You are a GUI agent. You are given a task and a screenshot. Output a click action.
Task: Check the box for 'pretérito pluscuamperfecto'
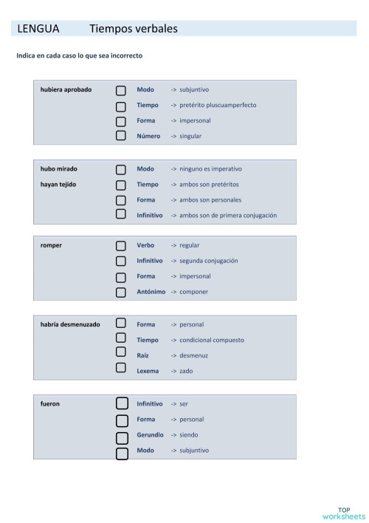click(120, 106)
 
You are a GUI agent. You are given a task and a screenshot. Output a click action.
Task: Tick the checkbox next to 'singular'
click(120, 136)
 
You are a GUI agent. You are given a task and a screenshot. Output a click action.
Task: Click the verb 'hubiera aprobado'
click(66, 89)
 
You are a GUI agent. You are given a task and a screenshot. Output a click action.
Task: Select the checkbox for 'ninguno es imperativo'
click(120, 169)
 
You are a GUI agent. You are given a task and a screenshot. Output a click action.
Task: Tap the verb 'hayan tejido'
click(58, 184)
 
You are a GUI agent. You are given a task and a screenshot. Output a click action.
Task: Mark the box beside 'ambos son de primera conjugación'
click(120, 215)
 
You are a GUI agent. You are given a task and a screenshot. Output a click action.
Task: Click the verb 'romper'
click(51, 245)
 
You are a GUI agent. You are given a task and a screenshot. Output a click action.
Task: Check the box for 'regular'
click(120, 245)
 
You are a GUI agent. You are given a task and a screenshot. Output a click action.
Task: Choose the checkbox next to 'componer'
click(120, 292)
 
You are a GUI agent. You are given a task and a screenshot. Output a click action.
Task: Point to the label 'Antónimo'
click(151, 292)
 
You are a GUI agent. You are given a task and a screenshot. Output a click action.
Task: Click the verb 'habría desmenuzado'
click(70, 324)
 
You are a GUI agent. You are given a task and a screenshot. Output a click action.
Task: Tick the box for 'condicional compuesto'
click(120, 340)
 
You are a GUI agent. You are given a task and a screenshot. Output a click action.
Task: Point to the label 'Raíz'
click(144, 355)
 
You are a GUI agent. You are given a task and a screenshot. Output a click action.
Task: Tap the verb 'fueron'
click(50, 404)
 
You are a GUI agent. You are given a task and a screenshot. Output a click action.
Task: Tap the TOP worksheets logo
click(344, 513)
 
